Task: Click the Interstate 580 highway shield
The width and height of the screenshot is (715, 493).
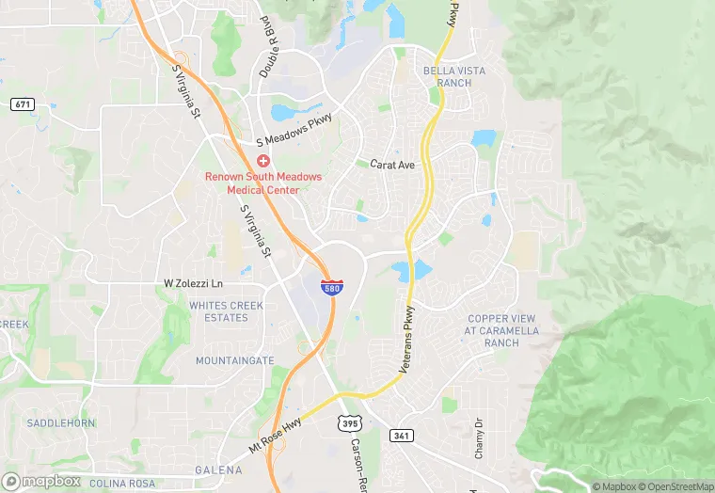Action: (331, 287)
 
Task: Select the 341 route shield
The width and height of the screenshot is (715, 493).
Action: (400, 435)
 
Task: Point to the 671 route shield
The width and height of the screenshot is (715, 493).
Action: (23, 103)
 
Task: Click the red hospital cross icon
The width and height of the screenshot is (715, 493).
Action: (263, 162)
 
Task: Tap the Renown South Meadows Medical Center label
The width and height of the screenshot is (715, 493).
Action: (263, 183)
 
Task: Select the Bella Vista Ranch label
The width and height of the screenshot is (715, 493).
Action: (447, 76)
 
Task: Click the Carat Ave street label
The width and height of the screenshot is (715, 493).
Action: (392, 165)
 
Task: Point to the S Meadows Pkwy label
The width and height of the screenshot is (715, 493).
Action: (295, 141)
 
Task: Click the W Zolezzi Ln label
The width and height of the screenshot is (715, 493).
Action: (194, 283)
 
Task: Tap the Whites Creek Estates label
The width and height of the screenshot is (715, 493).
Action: (218, 311)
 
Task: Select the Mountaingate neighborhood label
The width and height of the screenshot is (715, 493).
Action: (234, 360)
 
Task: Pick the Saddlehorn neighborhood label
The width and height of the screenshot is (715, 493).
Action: (61, 423)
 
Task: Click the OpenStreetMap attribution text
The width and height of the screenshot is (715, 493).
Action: (675, 486)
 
